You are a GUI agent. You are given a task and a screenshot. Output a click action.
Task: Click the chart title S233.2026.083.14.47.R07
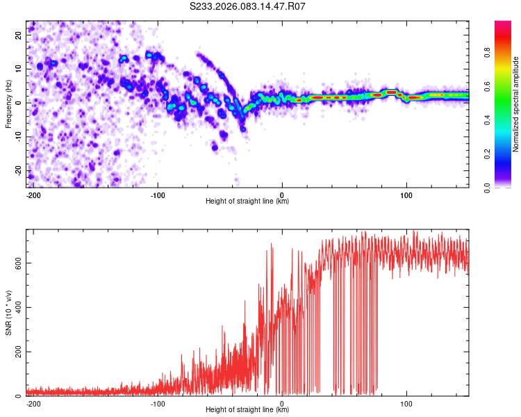click(248, 7)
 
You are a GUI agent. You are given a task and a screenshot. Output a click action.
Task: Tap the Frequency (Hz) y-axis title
click(8, 104)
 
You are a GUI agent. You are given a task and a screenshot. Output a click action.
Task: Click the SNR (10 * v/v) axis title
click(8, 313)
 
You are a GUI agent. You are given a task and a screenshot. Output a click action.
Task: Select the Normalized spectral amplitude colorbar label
click(515, 104)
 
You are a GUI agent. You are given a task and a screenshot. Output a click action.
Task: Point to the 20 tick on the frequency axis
click(19, 34)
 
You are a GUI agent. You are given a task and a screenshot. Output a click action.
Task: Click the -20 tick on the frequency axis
click(17, 170)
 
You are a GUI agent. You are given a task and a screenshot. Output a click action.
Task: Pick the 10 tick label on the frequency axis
click(19, 68)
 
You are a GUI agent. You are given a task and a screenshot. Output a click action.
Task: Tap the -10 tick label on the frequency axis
click(17, 136)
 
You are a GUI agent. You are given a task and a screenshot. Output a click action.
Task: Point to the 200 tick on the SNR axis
click(17, 352)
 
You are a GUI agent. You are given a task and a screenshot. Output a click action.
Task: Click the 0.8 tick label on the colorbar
click(487, 52)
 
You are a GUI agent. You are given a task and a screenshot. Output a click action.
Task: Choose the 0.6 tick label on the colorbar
click(487, 86)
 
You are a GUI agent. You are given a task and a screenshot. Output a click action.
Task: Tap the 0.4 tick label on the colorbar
click(487, 120)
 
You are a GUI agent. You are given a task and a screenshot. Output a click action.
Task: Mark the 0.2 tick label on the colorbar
click(487, 154)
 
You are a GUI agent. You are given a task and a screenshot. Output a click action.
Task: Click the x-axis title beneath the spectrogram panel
click(247, 202)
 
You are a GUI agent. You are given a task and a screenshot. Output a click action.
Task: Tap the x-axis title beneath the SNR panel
click(247, 410)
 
